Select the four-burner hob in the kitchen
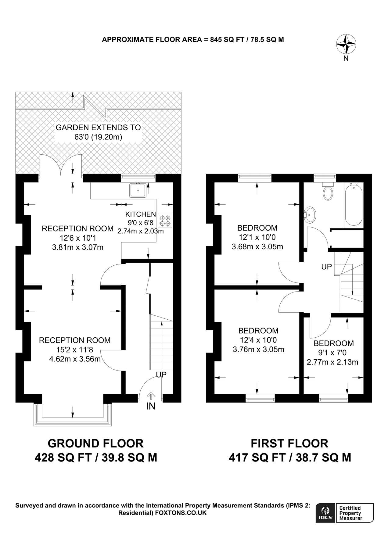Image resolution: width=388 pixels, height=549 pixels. click(165, 221)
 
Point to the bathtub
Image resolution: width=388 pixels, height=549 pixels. click(354, 204)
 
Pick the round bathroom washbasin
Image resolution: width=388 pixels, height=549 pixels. click(311, 215)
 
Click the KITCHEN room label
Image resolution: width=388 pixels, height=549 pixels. click(140, 214)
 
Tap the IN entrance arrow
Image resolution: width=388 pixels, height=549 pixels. click(151, 396)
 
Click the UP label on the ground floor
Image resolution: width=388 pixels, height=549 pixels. click(161, 375)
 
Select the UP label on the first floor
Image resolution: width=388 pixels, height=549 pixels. click(326, 267)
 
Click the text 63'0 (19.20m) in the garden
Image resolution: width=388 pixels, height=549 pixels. click(98, 137)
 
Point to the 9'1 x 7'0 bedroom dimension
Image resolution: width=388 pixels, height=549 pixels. click(332, 353)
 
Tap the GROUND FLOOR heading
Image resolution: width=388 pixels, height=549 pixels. click(95, 443)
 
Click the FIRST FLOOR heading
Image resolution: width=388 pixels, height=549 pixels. click(289, 443)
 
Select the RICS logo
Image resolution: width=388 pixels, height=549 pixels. click(325, 513)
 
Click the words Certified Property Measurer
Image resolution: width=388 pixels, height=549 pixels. click(351, 513)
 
